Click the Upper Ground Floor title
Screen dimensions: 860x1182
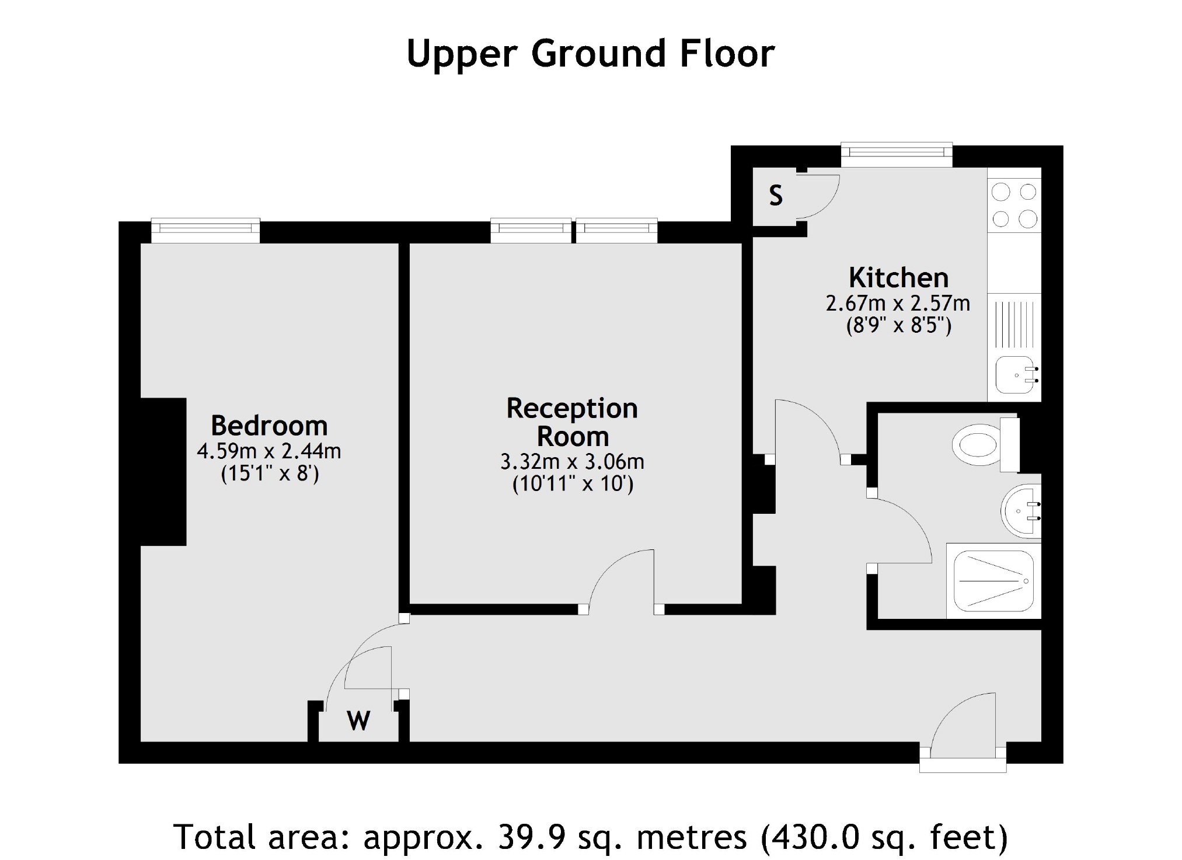pos(590,54)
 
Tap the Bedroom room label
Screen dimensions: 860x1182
pos(269,426)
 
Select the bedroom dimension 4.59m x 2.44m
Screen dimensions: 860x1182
pos(269,451)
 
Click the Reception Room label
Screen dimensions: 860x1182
pos(572,422)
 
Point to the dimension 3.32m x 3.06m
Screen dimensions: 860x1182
pos(572,462)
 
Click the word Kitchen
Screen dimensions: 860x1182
pos(898,278)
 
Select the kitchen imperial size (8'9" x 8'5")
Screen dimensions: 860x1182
pos(898,325)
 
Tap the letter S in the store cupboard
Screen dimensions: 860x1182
pos(775,196)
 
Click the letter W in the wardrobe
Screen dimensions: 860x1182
pos(358,721)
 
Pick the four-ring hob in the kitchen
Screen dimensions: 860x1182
pos(1014,206)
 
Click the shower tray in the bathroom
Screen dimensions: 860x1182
pos(993,581)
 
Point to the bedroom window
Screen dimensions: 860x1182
pos(205,231)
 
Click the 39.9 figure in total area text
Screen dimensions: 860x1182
pos(531,837)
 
